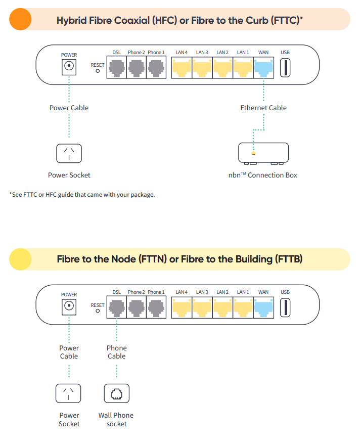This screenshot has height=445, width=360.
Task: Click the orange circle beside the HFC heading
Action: click(x=20, y=19)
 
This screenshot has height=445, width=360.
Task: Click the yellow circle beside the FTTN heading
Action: click(x=20, y=259)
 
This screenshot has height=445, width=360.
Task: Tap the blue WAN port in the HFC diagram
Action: click(x=263, y=68)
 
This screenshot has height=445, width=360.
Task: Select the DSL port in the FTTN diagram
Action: click(x=117, y=307)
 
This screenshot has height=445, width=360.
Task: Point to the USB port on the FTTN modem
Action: click(x=285, y=307)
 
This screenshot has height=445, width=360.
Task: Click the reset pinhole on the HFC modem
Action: click(x=98, y=71)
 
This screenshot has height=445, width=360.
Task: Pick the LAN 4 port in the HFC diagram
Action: click(x=182, y=68)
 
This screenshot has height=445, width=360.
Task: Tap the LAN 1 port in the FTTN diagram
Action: click(x=243, y=307)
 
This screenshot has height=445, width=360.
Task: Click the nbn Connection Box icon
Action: click(x=263, y=154)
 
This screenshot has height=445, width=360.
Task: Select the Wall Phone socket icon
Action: click(x=117, y=393)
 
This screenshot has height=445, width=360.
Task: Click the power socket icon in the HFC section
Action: click(x=69, y=153)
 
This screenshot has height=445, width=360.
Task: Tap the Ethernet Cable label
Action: click(x=263, y=108)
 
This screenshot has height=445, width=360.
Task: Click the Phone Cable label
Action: click(x=117, y=352)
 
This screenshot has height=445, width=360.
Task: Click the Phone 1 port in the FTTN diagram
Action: click(x=156, y=307)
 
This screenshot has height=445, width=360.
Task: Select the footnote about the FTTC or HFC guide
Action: click(x=82, y=195)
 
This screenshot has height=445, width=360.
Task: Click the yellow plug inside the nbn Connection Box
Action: click(x=253, y=154)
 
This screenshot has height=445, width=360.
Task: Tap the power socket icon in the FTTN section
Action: click(x=68, y=393)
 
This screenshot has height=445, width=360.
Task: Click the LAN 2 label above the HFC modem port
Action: click(x=222, y=53)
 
